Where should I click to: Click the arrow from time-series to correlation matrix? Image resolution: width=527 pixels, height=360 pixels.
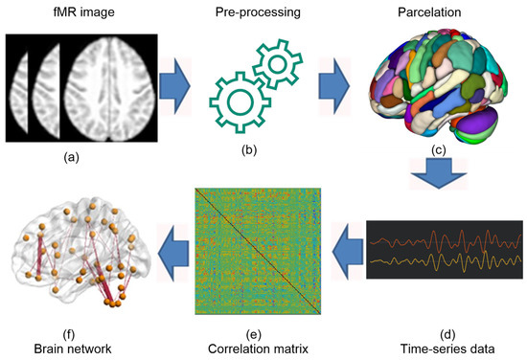pos(346,250)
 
